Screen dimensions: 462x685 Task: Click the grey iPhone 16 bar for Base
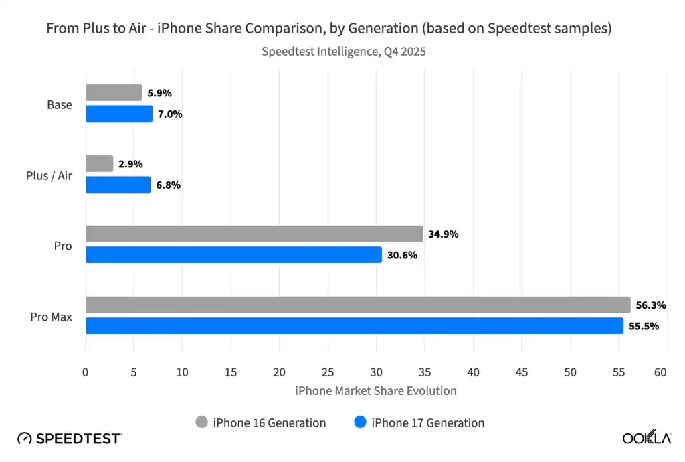pyautogui.click(x=114, y=93)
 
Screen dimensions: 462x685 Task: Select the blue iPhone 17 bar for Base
pyautogui.click(x=119, y=114)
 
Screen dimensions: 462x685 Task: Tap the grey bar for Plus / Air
pyautogui.click(x=100, y=164)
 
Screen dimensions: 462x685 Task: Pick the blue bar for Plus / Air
pyautogui.click(x=118, y=185)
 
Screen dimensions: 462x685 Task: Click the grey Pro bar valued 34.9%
pyautogui.click(x=254, y=234)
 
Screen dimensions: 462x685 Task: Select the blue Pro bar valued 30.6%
pyautogui.click(x=233, y=255)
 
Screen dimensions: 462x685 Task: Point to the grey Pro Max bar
pyautogui.click(x=358, y=305)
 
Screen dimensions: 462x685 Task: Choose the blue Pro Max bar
pyautogui.click(x=354, y=326)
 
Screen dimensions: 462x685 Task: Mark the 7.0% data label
pyautogui.click(x=169, y=114)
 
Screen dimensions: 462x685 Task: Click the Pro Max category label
pyautogui.click(x=51, y=316)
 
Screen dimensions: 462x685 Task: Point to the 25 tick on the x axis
pyautogui.click(x=328, y=372)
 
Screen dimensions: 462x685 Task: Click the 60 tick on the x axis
pyautogui.click(x=660, y=372)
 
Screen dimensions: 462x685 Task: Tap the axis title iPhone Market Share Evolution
pyautogui.click(x=375, y=390)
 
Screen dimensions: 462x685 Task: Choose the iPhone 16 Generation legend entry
pyautogui.click(x=260, y=422)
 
